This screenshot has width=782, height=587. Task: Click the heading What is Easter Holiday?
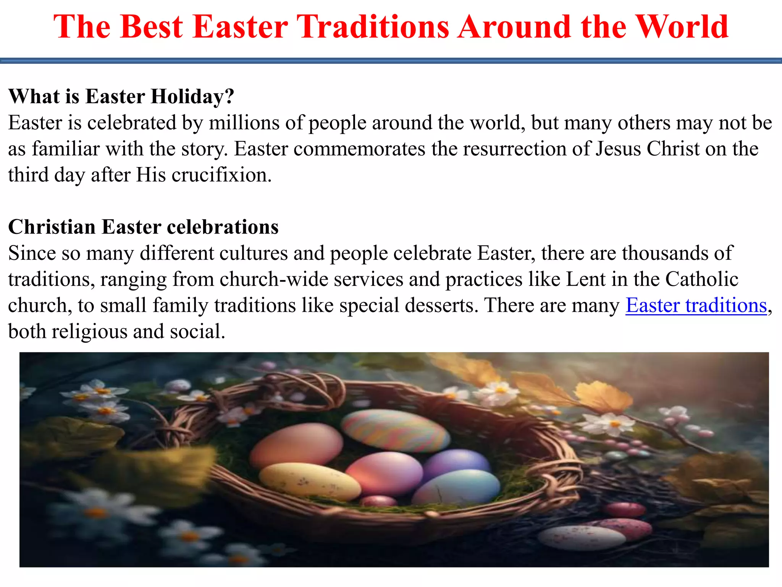(x=121, y=96)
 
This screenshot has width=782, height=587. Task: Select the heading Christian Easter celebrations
(x=143, y=227)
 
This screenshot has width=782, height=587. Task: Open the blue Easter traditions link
(x=696, y=305)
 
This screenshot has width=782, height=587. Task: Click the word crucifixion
(x=221, y=175)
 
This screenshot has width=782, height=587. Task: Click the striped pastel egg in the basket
(x=395, y=430)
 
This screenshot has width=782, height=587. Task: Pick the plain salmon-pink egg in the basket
(x=296, y=445)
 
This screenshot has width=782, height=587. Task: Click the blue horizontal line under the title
(x=391, y=61)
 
